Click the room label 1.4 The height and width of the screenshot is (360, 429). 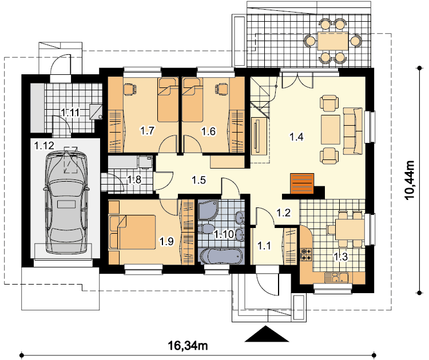click(x=296, y=137)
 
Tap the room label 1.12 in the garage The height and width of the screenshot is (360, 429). click(x=44, y=145)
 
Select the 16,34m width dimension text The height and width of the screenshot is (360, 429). click(x=188, y=346)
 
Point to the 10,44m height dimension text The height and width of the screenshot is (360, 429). click(x=410, y=181)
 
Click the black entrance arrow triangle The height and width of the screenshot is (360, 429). click(x=267, y=334)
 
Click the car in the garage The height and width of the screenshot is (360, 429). click(x=66, y=202)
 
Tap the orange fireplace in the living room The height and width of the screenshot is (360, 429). click(x=302, y=183)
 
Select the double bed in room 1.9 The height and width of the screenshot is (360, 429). click(x=133, y=232)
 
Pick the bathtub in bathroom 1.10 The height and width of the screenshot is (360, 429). click(x=221, y=256)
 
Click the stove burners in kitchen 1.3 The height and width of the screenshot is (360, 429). click(x=306, y=254)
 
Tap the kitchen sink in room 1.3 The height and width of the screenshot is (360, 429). click(x=336, y=278)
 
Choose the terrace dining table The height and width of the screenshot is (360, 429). click(x=333, y=41)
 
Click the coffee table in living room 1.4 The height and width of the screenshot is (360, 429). click(x=331, y=130)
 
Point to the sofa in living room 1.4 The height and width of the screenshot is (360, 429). click(x=353, y=131)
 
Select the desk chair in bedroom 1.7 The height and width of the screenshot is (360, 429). click(x=130, y=89)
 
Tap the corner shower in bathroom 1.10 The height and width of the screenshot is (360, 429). click(x=208, y=210)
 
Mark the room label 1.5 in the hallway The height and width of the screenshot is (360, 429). click(x=198, y=180)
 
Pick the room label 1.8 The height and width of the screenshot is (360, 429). click(x=134, y=179)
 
